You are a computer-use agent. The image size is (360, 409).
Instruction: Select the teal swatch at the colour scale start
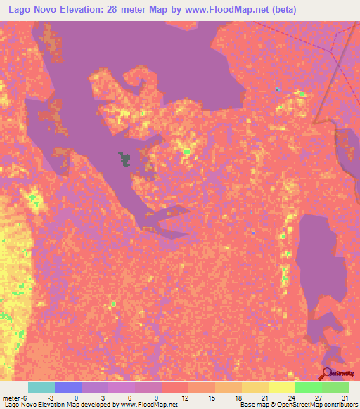click(x=41, y=387)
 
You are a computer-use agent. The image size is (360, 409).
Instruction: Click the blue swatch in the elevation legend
click(x=68, y=387)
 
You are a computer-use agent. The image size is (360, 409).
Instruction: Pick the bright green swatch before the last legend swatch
click(x=308, y=387)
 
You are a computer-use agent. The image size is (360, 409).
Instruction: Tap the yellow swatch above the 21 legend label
click(x=255, y=387)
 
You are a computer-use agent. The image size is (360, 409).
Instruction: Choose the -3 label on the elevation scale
click(x=61, y=397)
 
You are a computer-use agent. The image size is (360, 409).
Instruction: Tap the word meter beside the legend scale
click(x=12, y=397)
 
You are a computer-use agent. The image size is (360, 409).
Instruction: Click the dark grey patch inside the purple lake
click(x=125, y=159)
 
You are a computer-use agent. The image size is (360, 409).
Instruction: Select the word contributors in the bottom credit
click(x=336, y=405)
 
